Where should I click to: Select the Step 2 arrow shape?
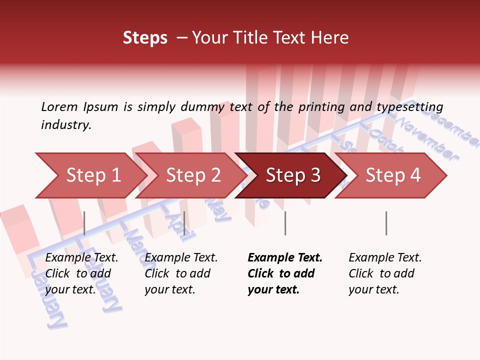click(190, 175)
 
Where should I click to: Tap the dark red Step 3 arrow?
click(290, 175)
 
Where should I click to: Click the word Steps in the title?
click(145, 37)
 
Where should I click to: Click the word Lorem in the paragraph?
click(59, 106)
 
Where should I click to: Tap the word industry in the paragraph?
click(65, 125)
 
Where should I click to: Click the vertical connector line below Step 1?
click(84, 223)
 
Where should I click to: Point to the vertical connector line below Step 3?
click(285, 223)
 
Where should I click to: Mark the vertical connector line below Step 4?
click(386, 223)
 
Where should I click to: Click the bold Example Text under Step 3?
click(285, 257)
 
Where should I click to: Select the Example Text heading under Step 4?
click(385, 257)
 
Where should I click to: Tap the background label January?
click(48, 300)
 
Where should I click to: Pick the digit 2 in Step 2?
click(215, 175)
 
